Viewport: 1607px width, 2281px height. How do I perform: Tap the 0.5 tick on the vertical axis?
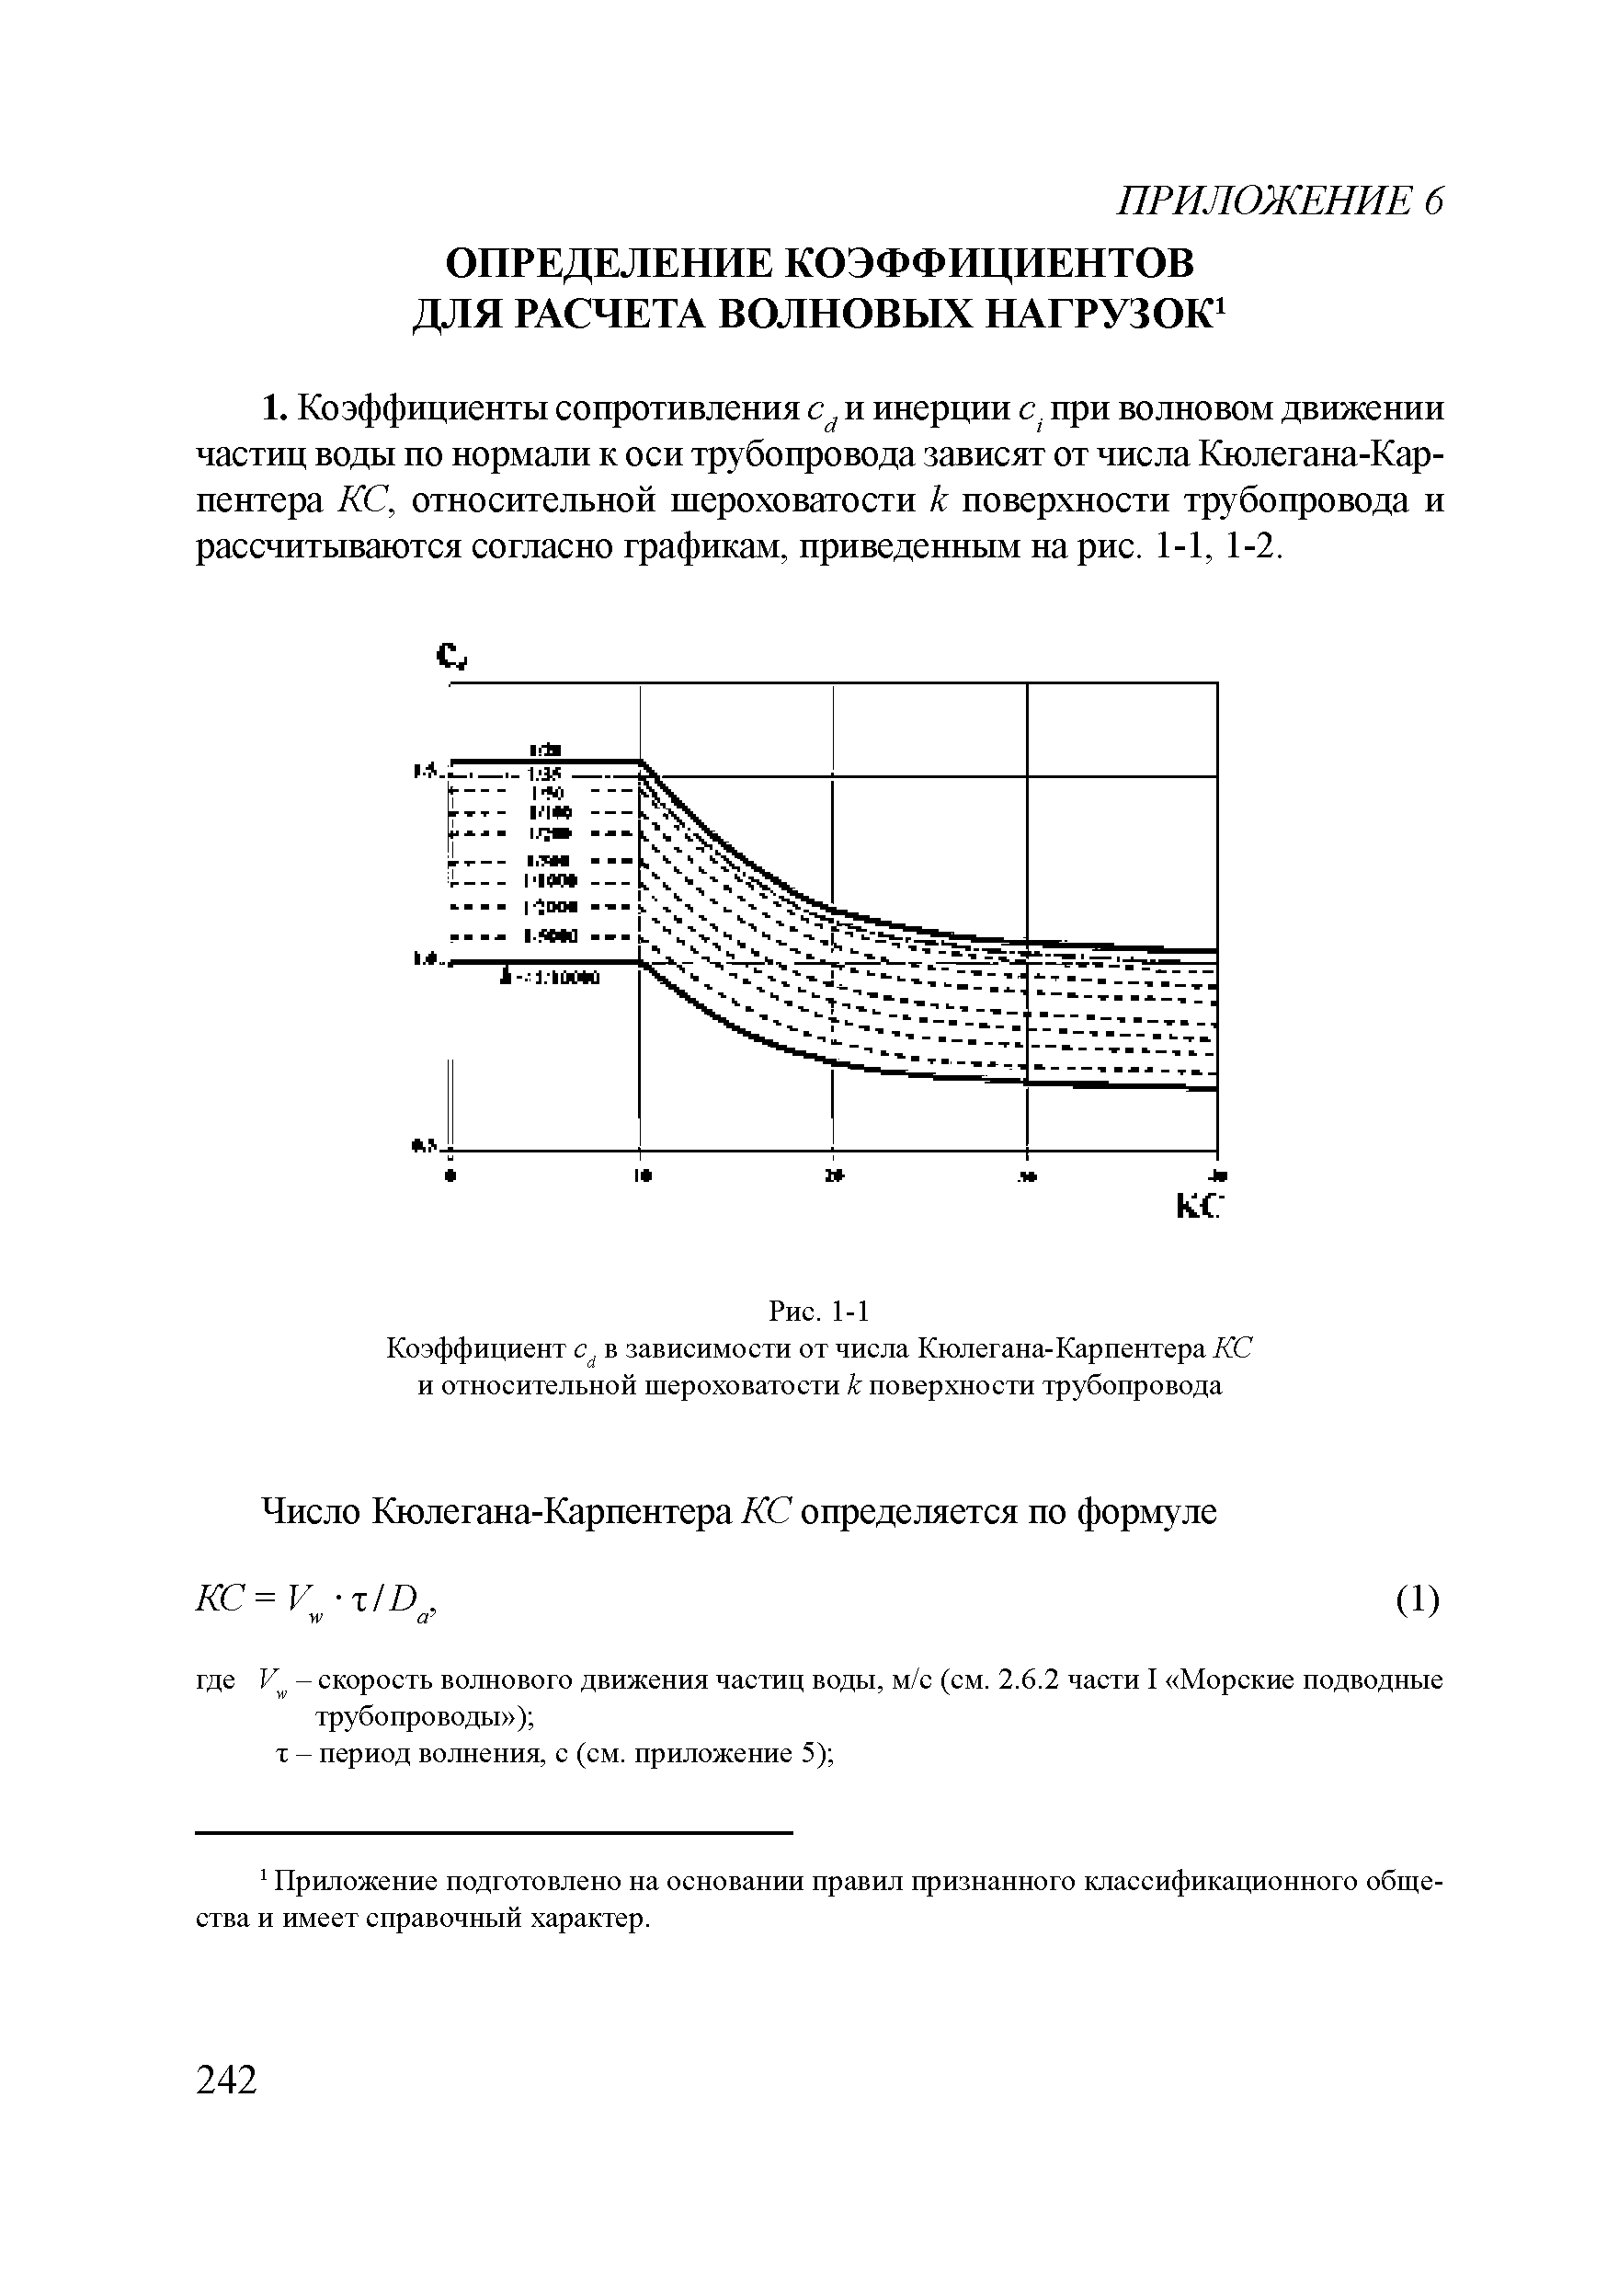click(x=421, y=1146)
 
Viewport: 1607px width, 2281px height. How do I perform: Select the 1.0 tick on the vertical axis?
click(x=422, y=958)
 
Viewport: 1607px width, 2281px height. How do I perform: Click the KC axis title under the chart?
click(x=1198, y=1206)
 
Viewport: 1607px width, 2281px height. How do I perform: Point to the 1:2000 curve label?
click(x=548, y=907)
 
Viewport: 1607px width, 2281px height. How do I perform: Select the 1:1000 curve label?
click(x=548, y=881)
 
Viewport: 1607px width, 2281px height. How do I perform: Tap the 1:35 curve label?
click(x=546, y=774)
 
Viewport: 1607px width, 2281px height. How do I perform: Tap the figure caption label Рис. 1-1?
click(x=819, y=1312)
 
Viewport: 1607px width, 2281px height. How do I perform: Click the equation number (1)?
click(x=1418, y=1599)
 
